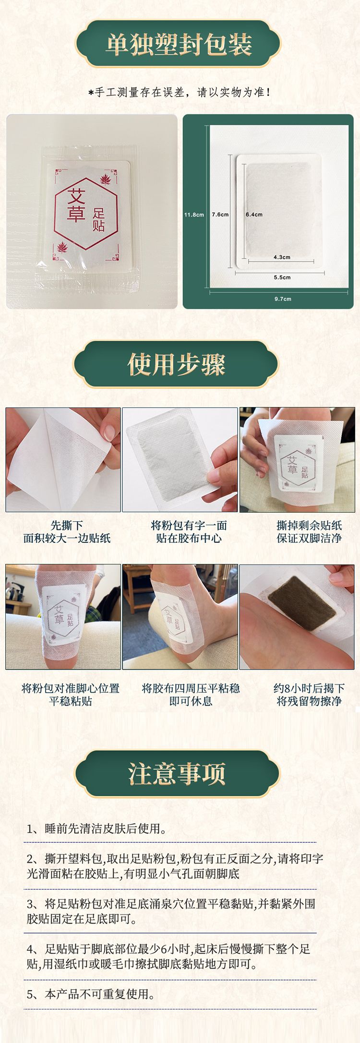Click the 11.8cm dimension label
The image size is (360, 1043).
[194, 215]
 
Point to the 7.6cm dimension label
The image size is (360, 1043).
[220, 215]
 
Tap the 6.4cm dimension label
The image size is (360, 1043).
[254, 215]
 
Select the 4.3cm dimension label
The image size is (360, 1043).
[282, 257]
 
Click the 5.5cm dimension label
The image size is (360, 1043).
[282, 277]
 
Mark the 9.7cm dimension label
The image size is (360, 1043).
[283, 299]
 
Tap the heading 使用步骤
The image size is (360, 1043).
[176, 364]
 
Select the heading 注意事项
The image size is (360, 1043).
[177, 773]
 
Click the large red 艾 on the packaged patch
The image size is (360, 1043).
[76, 196]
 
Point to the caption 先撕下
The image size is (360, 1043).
[67, 525]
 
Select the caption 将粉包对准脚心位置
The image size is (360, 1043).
[71, 688]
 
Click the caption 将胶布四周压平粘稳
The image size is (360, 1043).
[191, 688]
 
